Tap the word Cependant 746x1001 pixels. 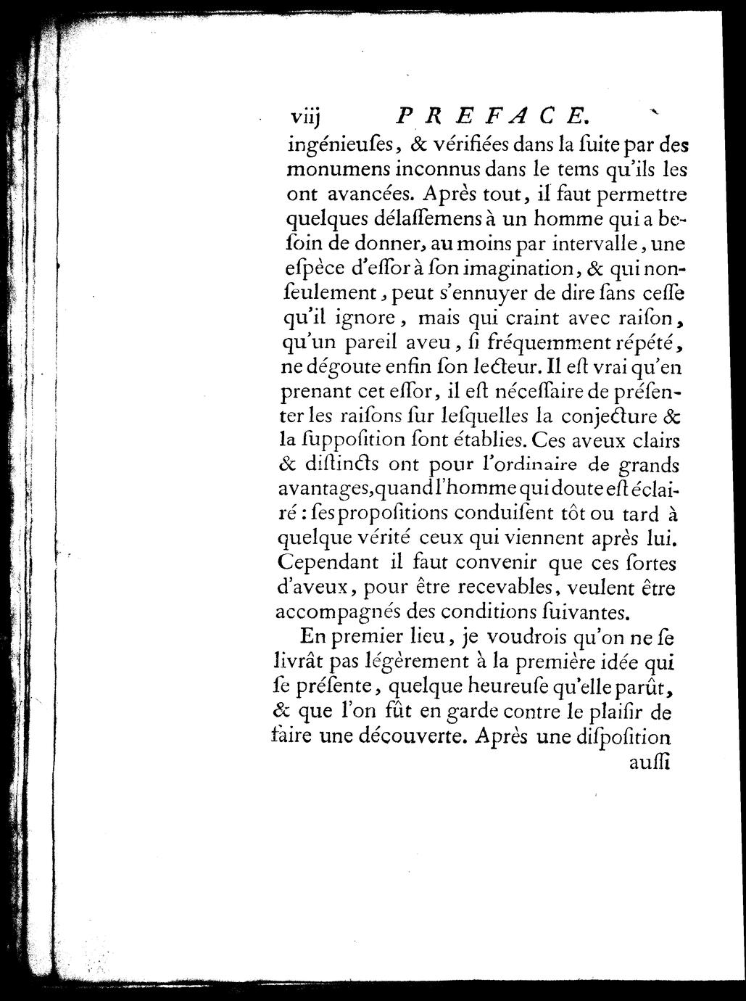click(329, 562)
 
